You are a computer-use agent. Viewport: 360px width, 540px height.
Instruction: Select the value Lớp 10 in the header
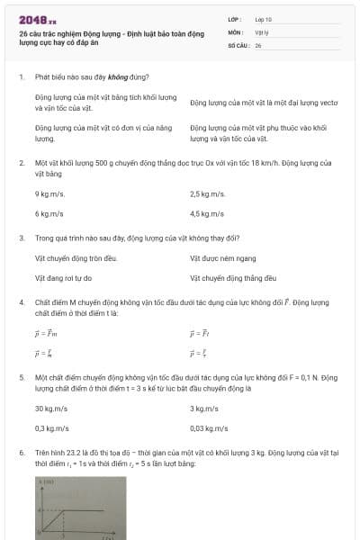pos(264,18)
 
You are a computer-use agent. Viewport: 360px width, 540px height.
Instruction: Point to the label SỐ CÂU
pos(237,44)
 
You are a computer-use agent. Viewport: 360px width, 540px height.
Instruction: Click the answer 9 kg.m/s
pos(49,193)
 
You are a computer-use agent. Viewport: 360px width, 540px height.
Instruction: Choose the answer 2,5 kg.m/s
pos(207,193)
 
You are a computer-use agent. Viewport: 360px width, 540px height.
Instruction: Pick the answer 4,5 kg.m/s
pos(207,214)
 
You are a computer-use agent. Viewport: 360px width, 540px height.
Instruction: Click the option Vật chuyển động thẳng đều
pos(232,278)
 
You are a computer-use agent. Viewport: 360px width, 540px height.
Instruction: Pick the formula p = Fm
pos(46,333)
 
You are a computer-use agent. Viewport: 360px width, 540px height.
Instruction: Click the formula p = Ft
pos(200,333)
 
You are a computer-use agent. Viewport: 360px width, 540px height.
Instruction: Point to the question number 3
pos(21,238)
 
